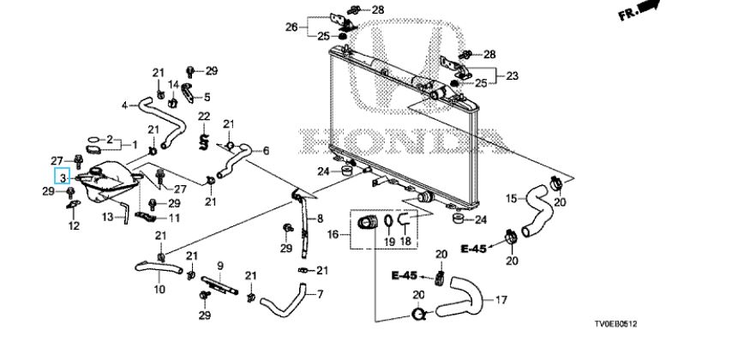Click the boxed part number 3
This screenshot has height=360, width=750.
pos(63,177)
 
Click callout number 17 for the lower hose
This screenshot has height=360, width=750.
pos(501,301)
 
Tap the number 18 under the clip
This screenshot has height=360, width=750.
pos(405,243)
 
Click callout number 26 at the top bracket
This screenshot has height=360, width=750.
pos(291,27)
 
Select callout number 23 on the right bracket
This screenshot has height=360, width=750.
pos(513,76)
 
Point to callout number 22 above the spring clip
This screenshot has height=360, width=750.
pos(204,116)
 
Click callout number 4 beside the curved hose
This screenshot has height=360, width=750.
pos(124,105)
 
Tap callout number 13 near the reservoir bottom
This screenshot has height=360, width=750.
pos(108,217)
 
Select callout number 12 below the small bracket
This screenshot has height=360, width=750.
pos(74,226)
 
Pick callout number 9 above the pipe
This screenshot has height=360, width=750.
pos(219,265)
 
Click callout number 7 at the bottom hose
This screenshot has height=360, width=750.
pos(320,295)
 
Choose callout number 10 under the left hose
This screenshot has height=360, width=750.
pos(159,290)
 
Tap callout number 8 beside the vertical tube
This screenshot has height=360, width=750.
pos(320,218)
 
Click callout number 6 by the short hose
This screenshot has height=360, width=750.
pos(266,151)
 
